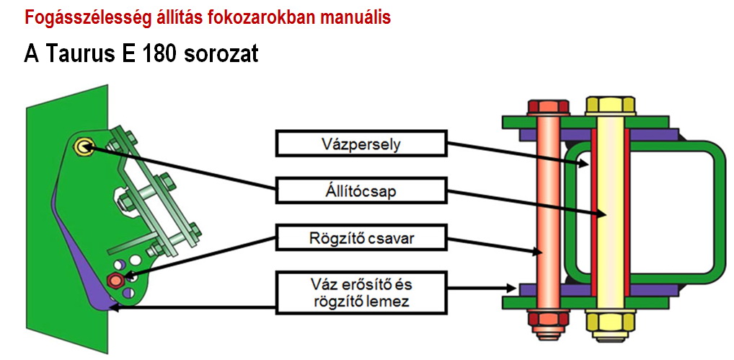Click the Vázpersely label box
click(361, 144)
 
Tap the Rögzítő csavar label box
click(361, 237)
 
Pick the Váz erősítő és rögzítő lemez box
click(361, 292)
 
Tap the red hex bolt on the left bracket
click(115, 279)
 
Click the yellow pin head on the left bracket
click(84, 147)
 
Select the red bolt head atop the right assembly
click(548, 107)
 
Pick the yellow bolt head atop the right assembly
click(611, 106)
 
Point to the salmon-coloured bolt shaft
click(548, 213)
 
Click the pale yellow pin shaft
click(611, 213)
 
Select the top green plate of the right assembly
click(585, 122)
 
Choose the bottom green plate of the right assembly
click(585, 302)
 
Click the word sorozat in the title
click(221, 54)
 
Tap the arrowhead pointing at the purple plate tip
click(114, 308)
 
